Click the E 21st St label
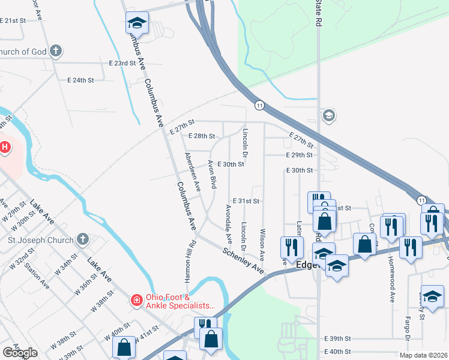(x=13, y=20)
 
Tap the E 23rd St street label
(x=122, y=63)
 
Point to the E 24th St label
(x=80, y=80)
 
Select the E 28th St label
(x=201, y=136)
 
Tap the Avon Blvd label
(x=212, y=174)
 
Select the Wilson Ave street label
(x=262, y=244)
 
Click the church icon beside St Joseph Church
(x=83, y=240)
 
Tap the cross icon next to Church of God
(x=56, y=52)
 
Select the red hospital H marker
(x=5, y=146)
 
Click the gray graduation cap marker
(x=328, y=115)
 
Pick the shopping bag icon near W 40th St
(x=124, y=347)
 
